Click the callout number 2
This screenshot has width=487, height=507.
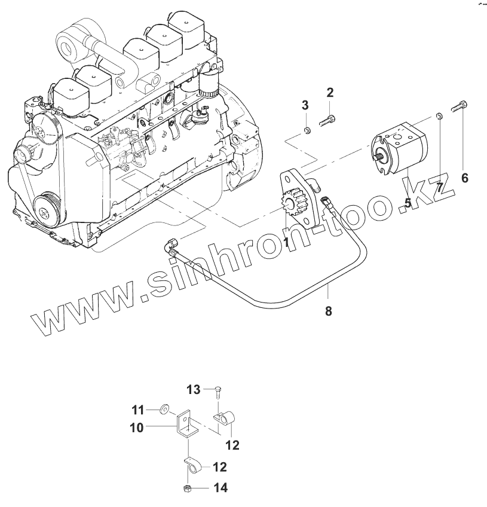coord(330,93)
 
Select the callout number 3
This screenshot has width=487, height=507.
coord(305,106)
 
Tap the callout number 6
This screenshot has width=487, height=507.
coord(465,178)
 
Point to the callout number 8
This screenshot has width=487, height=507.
coord(328,310)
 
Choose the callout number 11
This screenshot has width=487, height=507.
coord(138,410)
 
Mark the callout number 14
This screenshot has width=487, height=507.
coord(220,488)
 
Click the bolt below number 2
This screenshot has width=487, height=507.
coord(327,120)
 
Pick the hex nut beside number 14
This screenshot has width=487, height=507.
coord(187,488)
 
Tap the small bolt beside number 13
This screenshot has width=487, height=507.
coord(218,392)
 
